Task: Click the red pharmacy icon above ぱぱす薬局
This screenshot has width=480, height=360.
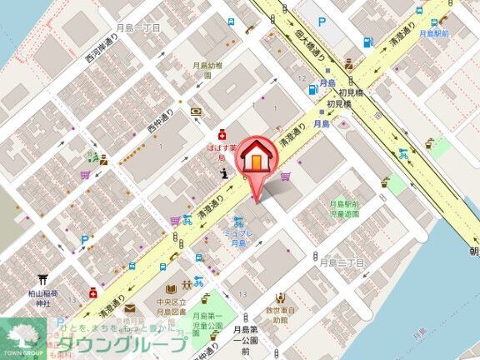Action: click(x=222, y=132)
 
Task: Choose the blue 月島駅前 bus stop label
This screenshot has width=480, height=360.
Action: click(x=435, y=34)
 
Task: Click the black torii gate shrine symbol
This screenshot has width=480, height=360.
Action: click(x=41, y=281)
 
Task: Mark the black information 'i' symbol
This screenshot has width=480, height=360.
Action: click(x=224, y=172)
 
